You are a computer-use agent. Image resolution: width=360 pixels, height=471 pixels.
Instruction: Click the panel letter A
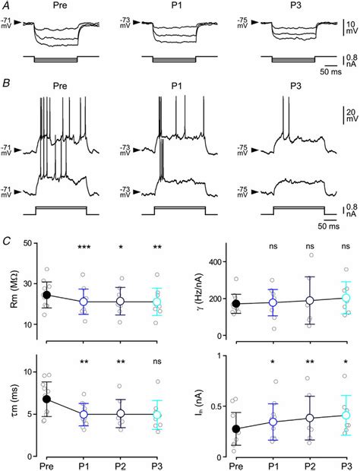(8, 6)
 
